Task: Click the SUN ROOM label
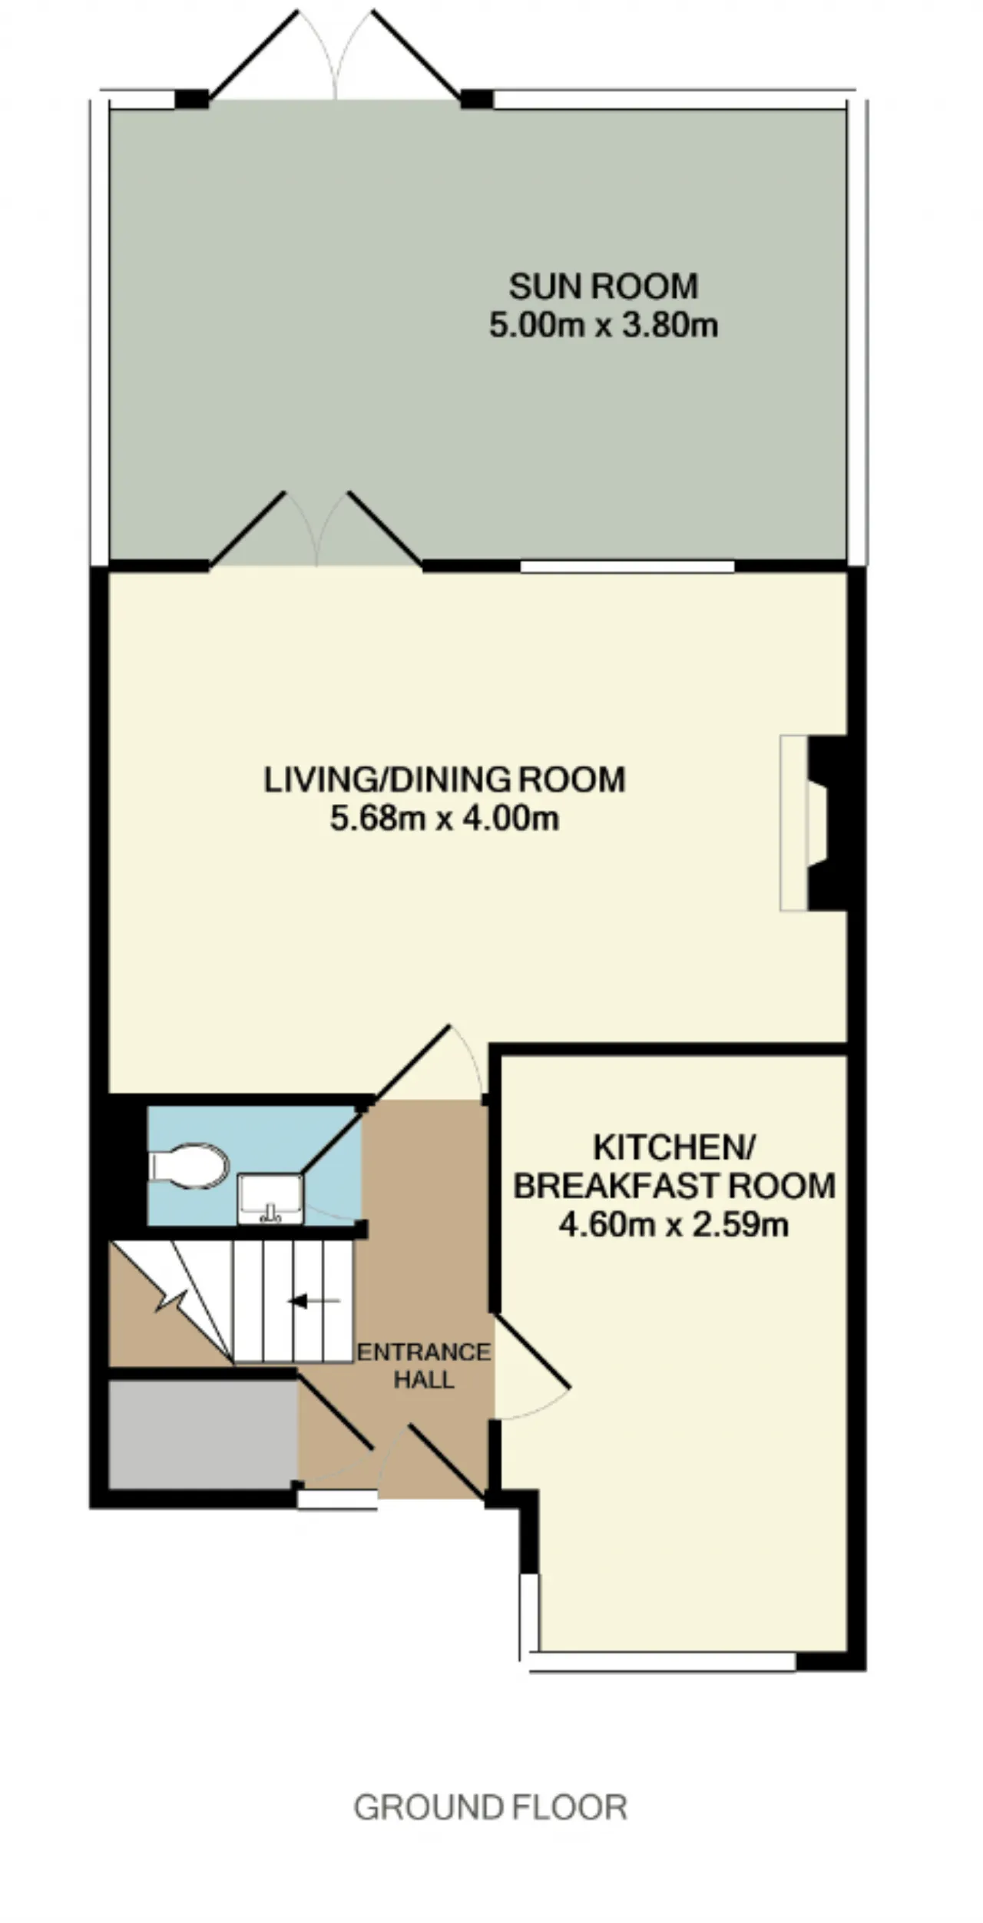pos(604,287)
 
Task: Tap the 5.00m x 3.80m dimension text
pos(604,325)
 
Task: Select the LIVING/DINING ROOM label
pos(445,779)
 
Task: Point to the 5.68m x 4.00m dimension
pos(445,819)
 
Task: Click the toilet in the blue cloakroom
pos(189,1166)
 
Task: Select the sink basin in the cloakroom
pos(270,1199)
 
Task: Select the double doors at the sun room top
pos(335,55)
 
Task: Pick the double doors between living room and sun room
pos(316,530)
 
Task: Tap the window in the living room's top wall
pos(627,567)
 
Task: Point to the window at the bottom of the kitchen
pos(662,1661)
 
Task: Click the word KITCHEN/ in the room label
pos(674,1148)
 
